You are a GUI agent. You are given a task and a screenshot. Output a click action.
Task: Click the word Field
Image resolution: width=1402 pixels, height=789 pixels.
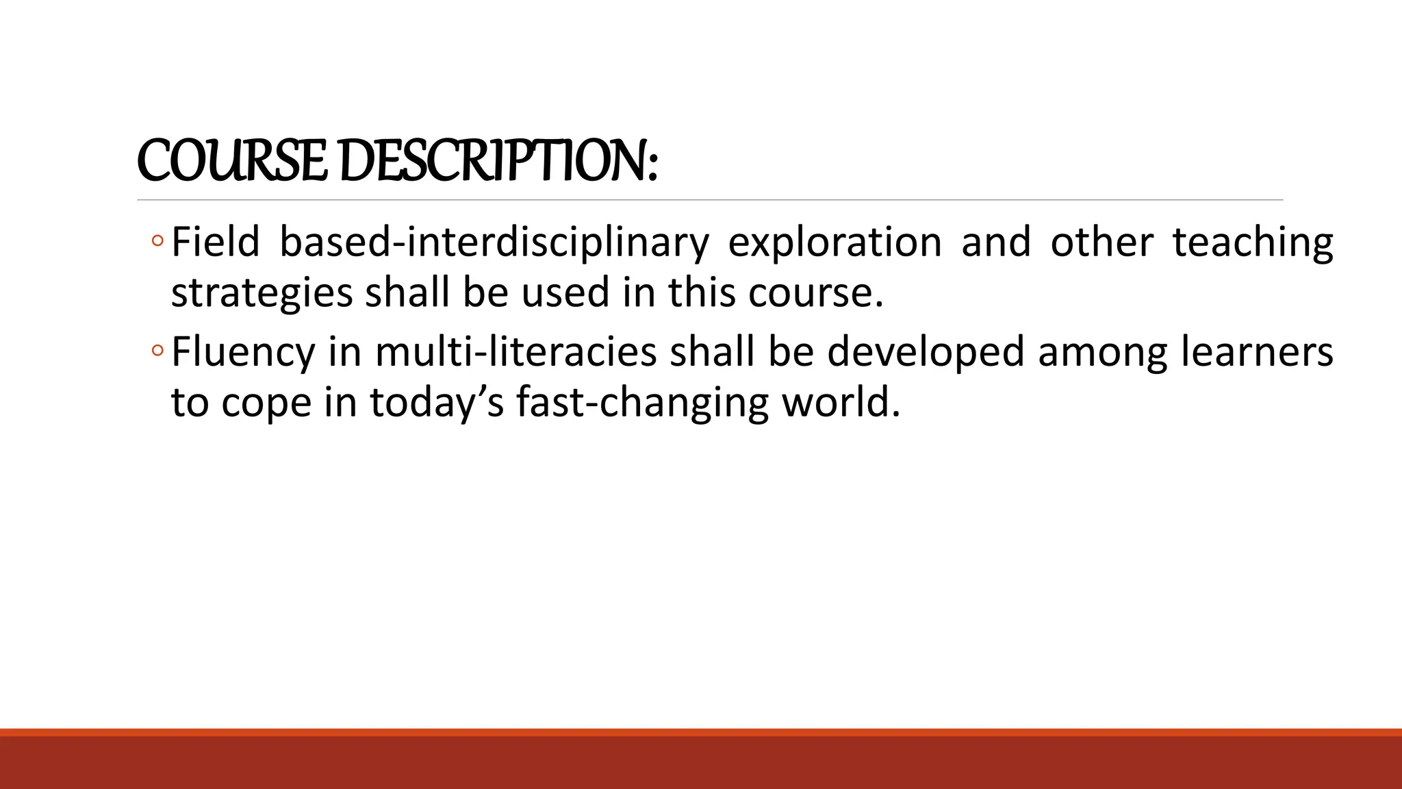click(x=215, y=242)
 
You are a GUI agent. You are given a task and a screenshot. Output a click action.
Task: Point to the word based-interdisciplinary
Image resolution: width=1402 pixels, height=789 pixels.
click(x=494, y=243)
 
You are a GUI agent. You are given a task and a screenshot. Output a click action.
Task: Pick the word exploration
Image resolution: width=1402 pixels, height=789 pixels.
click(x=834, y=243)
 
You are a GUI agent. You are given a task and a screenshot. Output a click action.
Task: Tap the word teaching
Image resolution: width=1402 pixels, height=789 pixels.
click(x=1253, y=243)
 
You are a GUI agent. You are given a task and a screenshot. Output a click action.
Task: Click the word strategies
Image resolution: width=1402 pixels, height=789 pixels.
click(x=262, y=293)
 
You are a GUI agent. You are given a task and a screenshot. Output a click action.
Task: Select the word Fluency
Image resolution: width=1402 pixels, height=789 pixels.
click(x=243, y=353)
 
